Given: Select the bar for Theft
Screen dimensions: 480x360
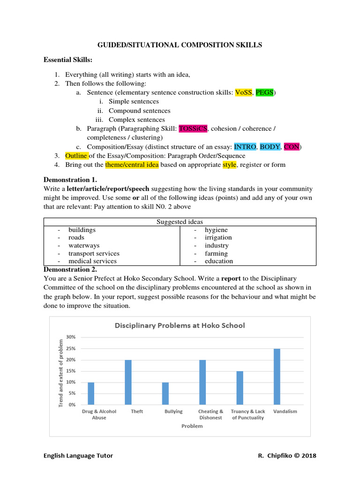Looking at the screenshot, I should (x=128, y=382).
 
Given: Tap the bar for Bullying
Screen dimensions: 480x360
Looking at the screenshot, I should (x=165, y=393).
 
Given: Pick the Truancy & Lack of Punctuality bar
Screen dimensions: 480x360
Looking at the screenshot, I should (x=240, y=388).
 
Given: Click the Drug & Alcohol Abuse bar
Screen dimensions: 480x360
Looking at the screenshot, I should (x=91, y=393).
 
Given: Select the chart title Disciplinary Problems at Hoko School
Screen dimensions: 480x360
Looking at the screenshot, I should (x=178, y=325).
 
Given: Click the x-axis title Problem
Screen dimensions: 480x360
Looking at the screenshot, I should (x=192, y=426).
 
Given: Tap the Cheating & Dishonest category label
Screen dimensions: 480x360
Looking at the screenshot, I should (x=210, y=414).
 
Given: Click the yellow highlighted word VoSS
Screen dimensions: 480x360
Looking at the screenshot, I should (x=243, y=93).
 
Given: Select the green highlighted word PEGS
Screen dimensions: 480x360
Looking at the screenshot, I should (x=265, y=93).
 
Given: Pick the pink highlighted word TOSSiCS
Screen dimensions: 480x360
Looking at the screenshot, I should (x=193, y=128).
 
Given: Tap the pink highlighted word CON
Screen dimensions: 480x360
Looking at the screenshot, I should (x=292, y=147).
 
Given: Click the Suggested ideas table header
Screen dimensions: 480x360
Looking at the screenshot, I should (x=180, y=222).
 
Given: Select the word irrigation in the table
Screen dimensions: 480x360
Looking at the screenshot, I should (x=218, y=238).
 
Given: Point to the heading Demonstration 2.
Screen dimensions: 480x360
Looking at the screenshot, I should (x=70, y=270).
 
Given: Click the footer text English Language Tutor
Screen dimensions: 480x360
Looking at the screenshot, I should (x=78, y=456).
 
